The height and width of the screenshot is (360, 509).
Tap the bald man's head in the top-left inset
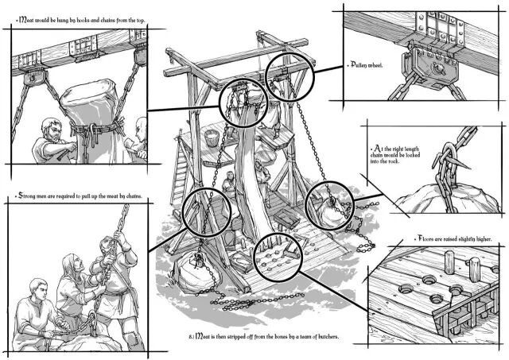click(x=142, y=126)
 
